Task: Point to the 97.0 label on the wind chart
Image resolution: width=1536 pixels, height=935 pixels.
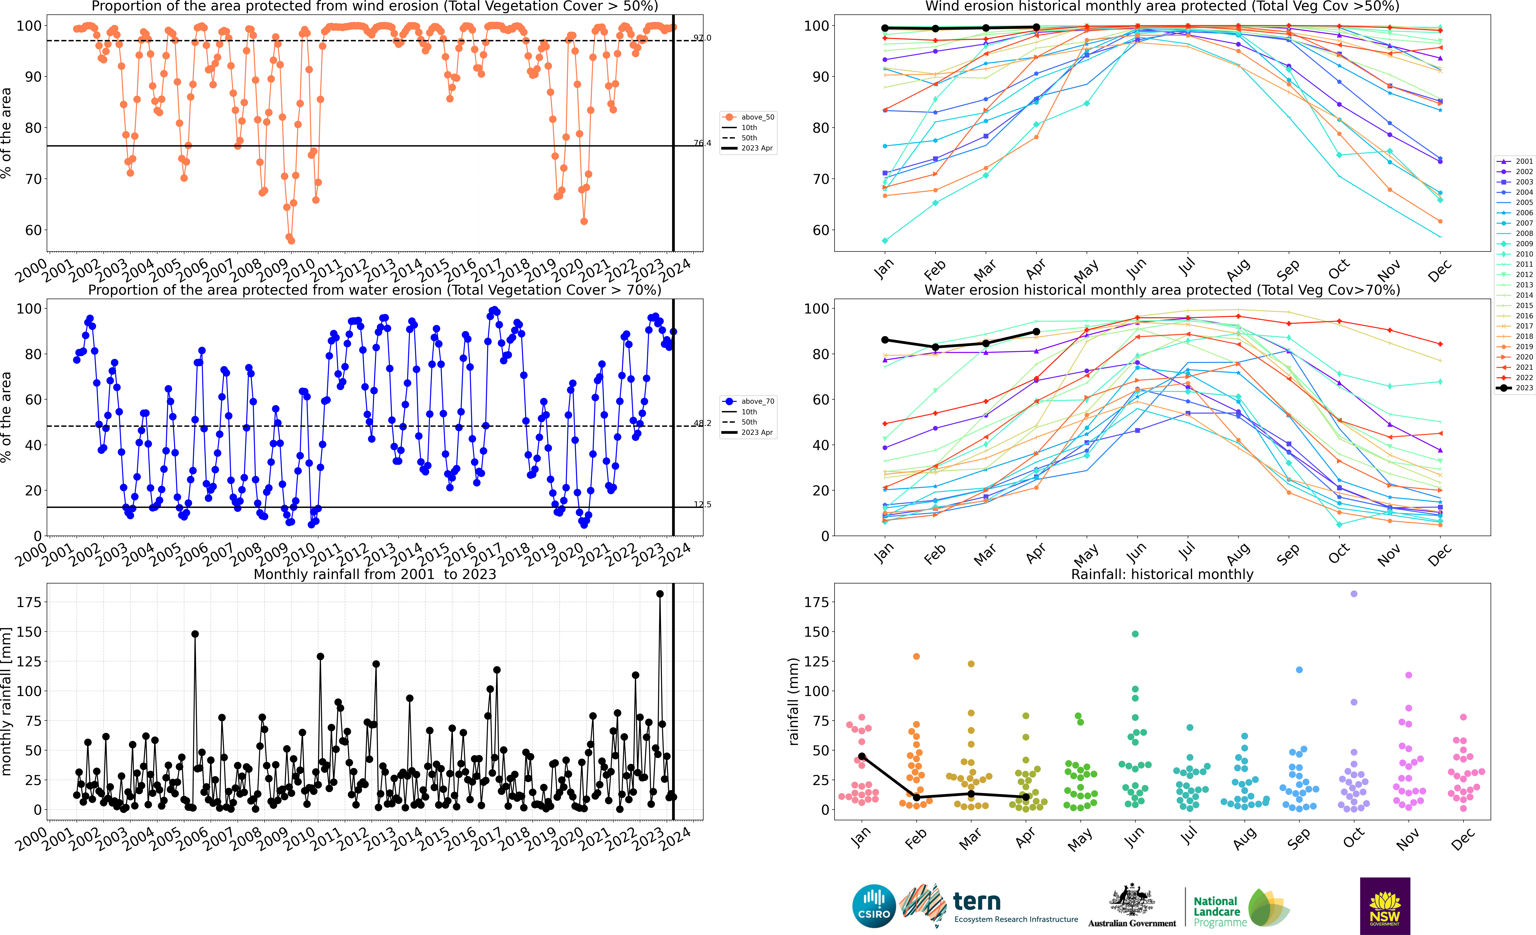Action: pos(703,38)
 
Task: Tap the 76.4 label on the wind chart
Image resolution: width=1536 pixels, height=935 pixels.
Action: pos(703,143)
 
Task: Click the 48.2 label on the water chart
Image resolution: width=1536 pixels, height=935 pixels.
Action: pos(703,423)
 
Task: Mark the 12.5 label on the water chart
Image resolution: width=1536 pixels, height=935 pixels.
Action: pos(703,504)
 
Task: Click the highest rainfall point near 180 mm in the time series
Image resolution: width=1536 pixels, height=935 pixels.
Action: pos(660,594)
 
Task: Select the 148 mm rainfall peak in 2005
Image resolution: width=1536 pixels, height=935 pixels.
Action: pos(195,634)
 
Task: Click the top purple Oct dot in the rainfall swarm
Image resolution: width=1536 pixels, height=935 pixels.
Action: pos(1354,594)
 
